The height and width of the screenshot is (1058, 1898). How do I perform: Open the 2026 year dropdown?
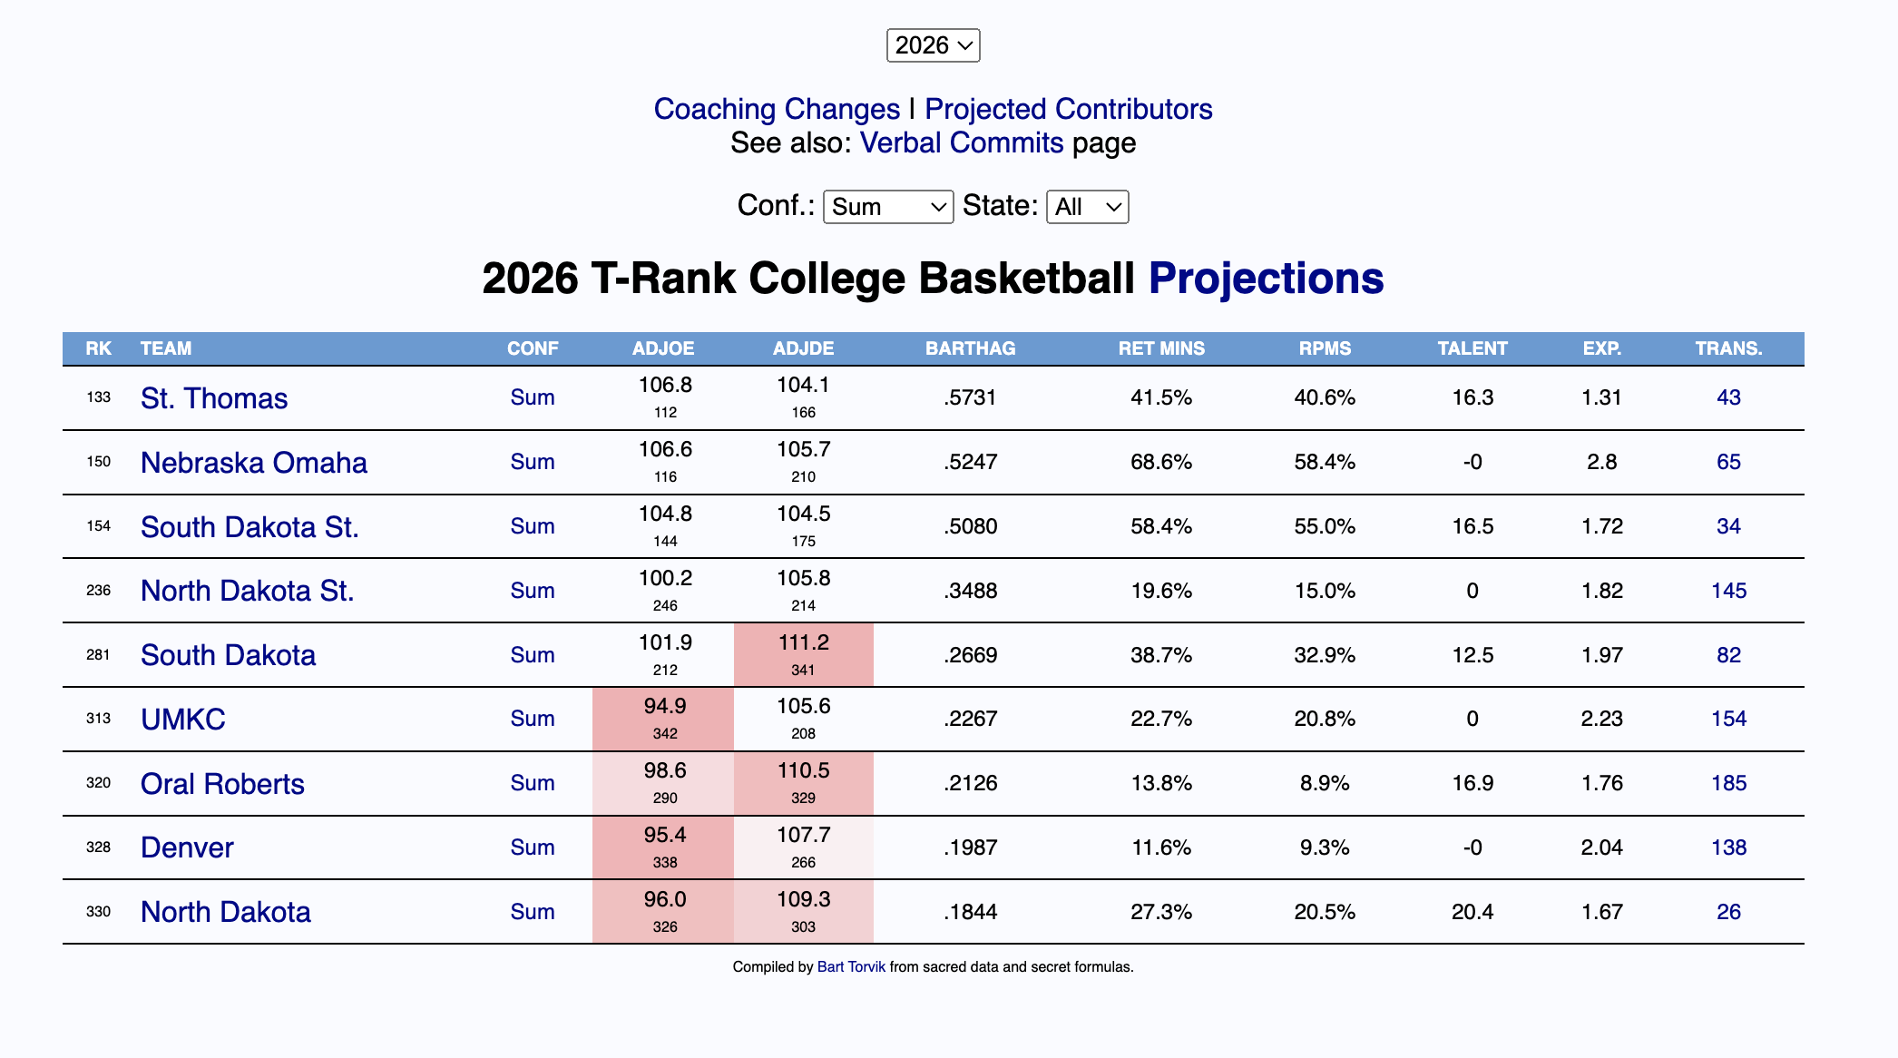(933, 45)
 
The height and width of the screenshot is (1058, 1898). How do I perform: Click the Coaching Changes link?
(777, 109)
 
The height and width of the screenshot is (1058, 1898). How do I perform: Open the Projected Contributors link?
(1068, 109)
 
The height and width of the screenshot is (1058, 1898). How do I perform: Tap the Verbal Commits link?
(962, 143)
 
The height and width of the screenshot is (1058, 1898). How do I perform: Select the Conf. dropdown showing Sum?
(887, 207)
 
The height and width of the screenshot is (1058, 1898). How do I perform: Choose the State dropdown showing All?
(1087, 207)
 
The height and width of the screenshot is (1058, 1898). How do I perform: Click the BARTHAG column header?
(970, 348)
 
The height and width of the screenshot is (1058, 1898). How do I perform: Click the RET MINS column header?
(1161, 348)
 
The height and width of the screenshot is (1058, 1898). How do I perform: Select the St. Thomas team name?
(214, 398)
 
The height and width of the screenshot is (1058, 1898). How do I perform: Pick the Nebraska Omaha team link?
(254, 463)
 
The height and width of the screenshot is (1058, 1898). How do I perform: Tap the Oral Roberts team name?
(222, 784)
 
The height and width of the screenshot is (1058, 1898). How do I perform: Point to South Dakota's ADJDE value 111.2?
(803, 643)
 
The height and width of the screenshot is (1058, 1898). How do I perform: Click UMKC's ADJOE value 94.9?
(665, 707)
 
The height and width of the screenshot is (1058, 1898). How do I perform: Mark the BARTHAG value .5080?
(970, 526)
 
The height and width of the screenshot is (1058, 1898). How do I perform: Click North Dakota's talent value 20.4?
(1472, 912)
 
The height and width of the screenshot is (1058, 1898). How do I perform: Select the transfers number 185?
(1728, 783)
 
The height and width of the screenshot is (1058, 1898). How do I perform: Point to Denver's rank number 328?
(98, 847)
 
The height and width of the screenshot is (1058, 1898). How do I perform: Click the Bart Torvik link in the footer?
(851, 967)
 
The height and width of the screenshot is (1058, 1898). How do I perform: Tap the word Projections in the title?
(1266, 279)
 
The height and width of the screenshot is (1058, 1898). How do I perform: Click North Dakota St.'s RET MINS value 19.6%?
(1161, 591)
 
